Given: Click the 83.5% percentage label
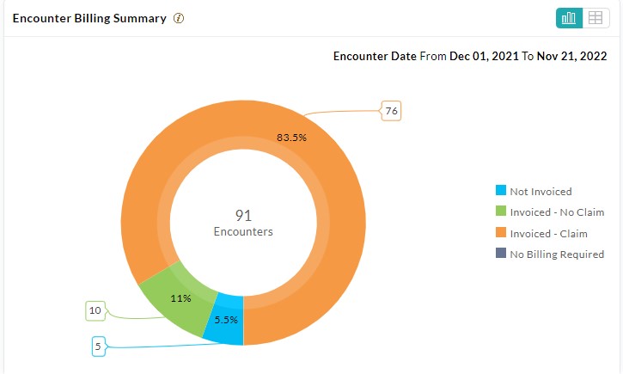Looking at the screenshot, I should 291,137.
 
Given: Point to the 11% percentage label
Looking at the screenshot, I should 180,298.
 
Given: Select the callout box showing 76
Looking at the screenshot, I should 391,110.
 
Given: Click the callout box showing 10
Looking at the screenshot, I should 96,309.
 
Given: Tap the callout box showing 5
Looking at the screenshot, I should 98,346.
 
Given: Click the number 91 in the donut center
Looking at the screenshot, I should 243,215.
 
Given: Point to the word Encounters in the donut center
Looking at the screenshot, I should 243,231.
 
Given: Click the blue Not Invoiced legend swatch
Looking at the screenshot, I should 501,191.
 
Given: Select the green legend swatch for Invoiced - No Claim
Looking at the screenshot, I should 501,212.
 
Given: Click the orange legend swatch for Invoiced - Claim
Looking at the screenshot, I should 501,233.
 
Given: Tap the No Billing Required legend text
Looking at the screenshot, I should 557,254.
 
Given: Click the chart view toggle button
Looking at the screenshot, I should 569,18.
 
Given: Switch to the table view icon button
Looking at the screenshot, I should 595,18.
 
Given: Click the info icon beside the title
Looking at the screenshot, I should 179,18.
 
